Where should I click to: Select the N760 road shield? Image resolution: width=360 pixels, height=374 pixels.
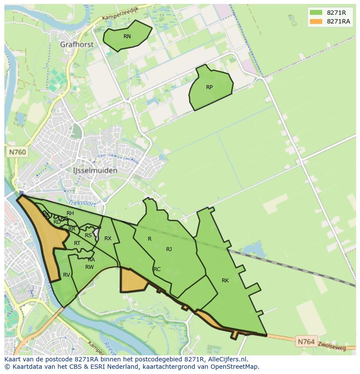pos(17,152)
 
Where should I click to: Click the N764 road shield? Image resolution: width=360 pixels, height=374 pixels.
pos(306,342)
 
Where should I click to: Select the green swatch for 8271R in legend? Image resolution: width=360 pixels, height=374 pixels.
pos(316,12)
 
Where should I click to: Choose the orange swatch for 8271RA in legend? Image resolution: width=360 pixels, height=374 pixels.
pos(316,22)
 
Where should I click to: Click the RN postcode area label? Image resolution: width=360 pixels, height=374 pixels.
pos(127,36)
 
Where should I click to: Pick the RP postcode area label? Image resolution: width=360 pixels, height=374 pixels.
pos(209,87)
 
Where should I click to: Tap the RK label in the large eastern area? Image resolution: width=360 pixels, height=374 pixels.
pos(225,281)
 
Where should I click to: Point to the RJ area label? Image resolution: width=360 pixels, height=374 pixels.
pos(169,249)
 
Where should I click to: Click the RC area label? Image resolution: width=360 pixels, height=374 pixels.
pos(157,269)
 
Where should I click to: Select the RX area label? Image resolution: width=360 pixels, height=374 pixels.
pos(108,238)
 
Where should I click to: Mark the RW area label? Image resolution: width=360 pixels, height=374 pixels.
pos(90,267)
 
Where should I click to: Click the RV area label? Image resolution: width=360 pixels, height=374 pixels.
pos(67,275)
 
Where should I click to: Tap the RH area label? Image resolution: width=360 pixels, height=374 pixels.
pos(70,213)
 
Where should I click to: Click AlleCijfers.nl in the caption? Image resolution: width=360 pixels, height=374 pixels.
pos(226,359)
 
